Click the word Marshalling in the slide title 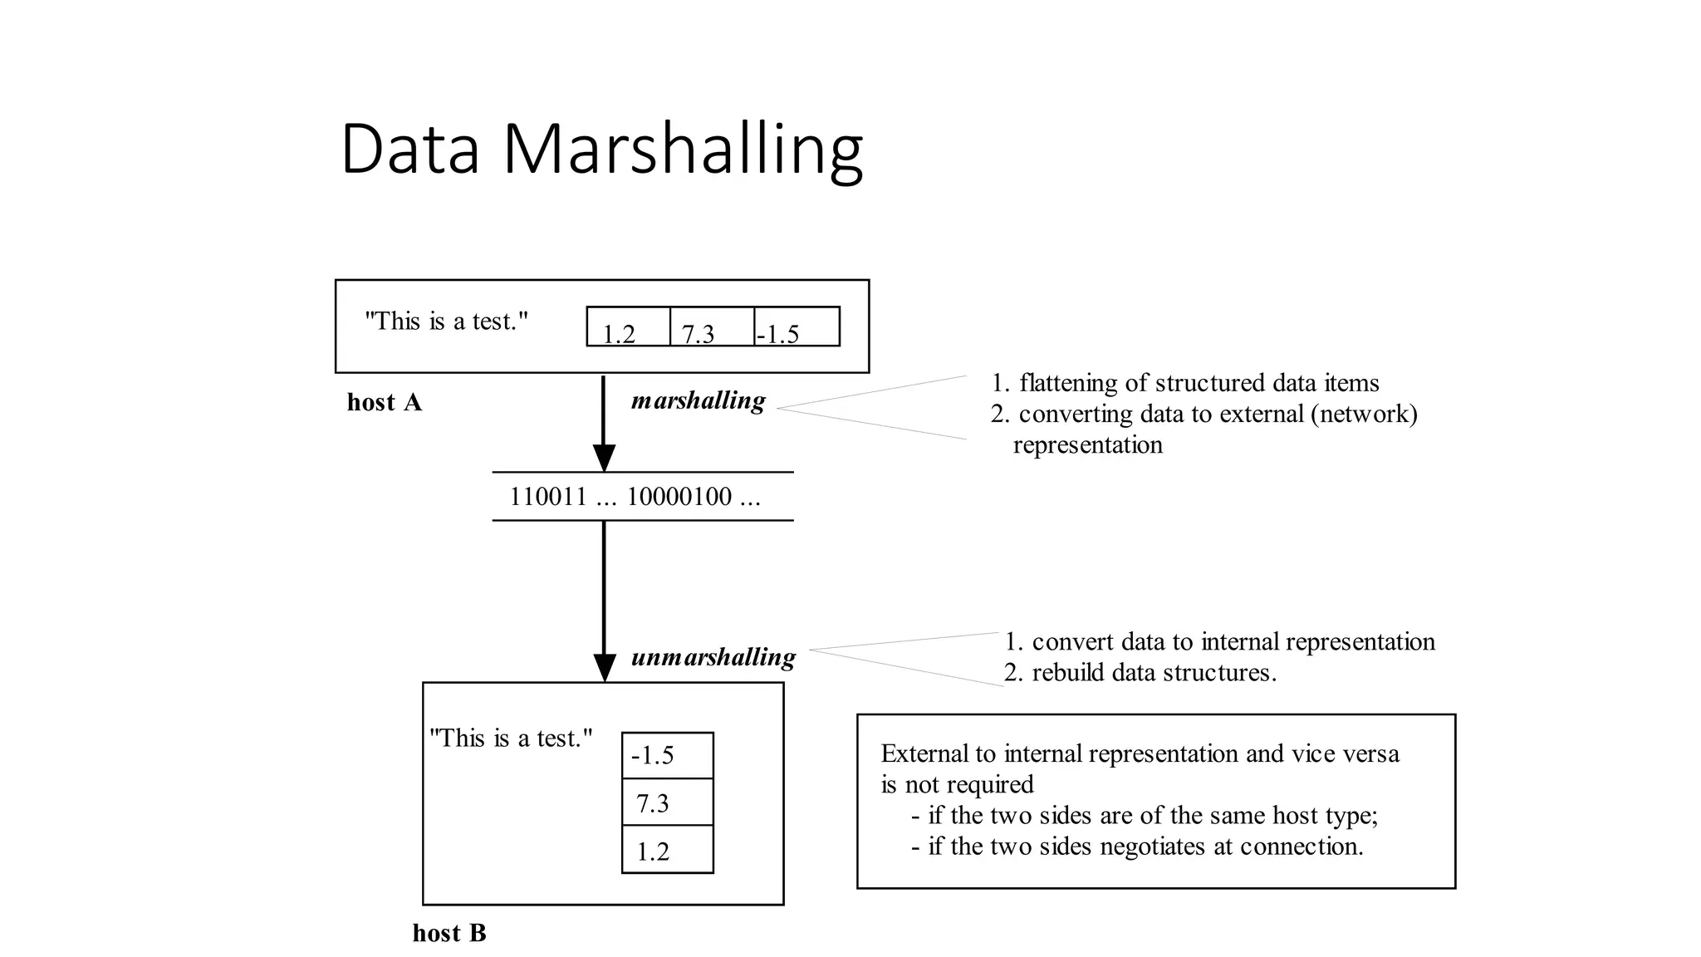(x=683, y=150)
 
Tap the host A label (x=384, y=403)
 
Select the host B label (x=449, y=933)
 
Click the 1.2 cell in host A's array (x=628, y=326)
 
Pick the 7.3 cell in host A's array (x=712, y=326)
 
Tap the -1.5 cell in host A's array (x=797, y=326)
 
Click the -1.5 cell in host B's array (x=667, y=755)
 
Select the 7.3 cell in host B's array (x=667, y=802)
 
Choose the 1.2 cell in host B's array (x=667, y=850)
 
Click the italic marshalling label (x=698, y=401)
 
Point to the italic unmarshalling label (x=713, y=658)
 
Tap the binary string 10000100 (x=679, y=497)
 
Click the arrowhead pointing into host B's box (x=604, y=668)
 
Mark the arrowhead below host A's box (x=604, y=458)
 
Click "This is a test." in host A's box (x=446, y=321)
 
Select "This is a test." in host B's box (x=511, y=738)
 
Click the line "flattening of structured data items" (x=1199, y=383)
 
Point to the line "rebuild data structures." (x=1153, y=672)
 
